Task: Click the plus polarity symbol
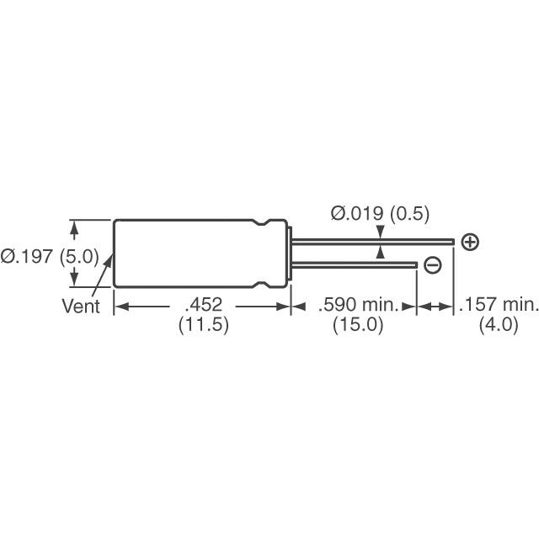[471, 243]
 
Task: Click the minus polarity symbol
[432, 266]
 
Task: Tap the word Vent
[81, 307]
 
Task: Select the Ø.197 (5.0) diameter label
[50, 256]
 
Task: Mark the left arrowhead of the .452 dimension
[120, 307]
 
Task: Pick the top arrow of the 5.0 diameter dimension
[74, 227]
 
